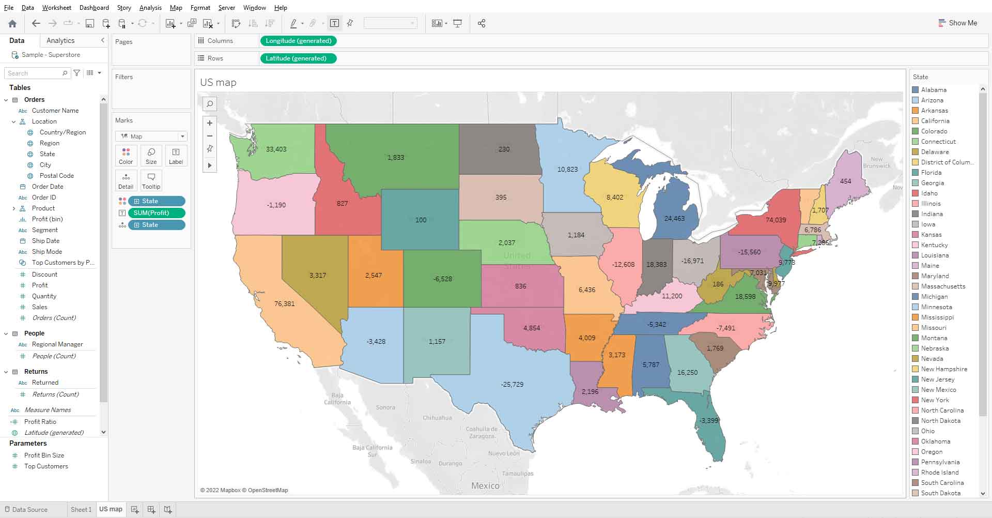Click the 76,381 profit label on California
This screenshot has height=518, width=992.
coord(285,304)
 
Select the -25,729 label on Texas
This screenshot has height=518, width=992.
coord(512,385)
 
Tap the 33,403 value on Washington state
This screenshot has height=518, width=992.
coord(276,149)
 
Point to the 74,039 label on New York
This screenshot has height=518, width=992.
coord(776,220)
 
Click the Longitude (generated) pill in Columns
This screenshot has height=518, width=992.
coord(298,41)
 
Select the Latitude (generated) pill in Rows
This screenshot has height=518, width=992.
coord(296,58)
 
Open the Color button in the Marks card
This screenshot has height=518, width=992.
coord(126,156)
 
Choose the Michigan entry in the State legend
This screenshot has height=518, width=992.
coord(934,297)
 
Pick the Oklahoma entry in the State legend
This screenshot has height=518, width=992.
coord(935,441)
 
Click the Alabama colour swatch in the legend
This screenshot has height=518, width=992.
coord(916,90)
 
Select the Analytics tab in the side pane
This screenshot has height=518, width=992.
coord(60,41)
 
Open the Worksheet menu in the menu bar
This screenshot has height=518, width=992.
coord(57,8)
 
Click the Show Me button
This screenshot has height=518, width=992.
coord(957,23)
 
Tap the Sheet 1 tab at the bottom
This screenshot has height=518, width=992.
coord(81,510)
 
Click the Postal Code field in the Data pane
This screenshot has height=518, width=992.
coord(56,176)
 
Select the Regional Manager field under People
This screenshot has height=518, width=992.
coord(57,344)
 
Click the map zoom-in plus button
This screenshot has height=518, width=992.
coord(210,123)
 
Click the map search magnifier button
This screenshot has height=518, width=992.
coord(210,104)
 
